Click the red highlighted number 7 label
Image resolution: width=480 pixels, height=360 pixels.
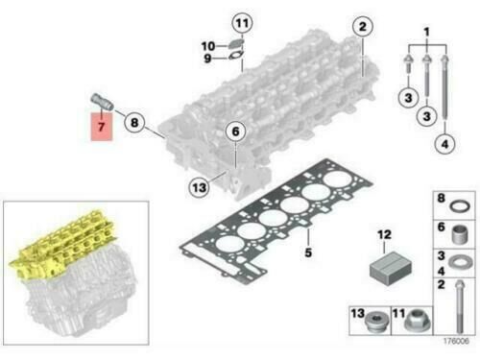click(102, 127)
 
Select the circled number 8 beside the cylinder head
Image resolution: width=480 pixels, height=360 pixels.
click(134, 123)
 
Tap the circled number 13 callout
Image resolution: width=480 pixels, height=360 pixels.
click(199, 187)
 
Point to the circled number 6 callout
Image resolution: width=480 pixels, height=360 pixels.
click(235, 132)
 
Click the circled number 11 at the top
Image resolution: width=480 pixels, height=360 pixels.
click(242, 23)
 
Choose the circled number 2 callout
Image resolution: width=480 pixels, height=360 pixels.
click(363, 27)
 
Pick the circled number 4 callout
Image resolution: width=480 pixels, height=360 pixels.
click(445, 144)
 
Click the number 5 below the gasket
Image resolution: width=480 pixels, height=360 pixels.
click(308, 252)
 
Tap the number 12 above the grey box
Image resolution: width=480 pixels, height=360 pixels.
click(384, 235)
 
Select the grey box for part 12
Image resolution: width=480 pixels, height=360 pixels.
click(391, 268)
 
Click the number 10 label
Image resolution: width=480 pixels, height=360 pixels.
click(208, 46)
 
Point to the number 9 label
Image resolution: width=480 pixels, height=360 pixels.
click(207, 59)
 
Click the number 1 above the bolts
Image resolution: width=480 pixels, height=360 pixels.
click(426, 32)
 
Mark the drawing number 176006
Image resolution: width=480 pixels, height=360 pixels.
click(456, 341)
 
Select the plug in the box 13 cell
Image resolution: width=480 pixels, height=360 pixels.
click(376, 322)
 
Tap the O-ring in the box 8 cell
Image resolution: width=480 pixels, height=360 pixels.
click(460, 206)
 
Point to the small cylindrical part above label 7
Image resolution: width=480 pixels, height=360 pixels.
click(102, 102)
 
